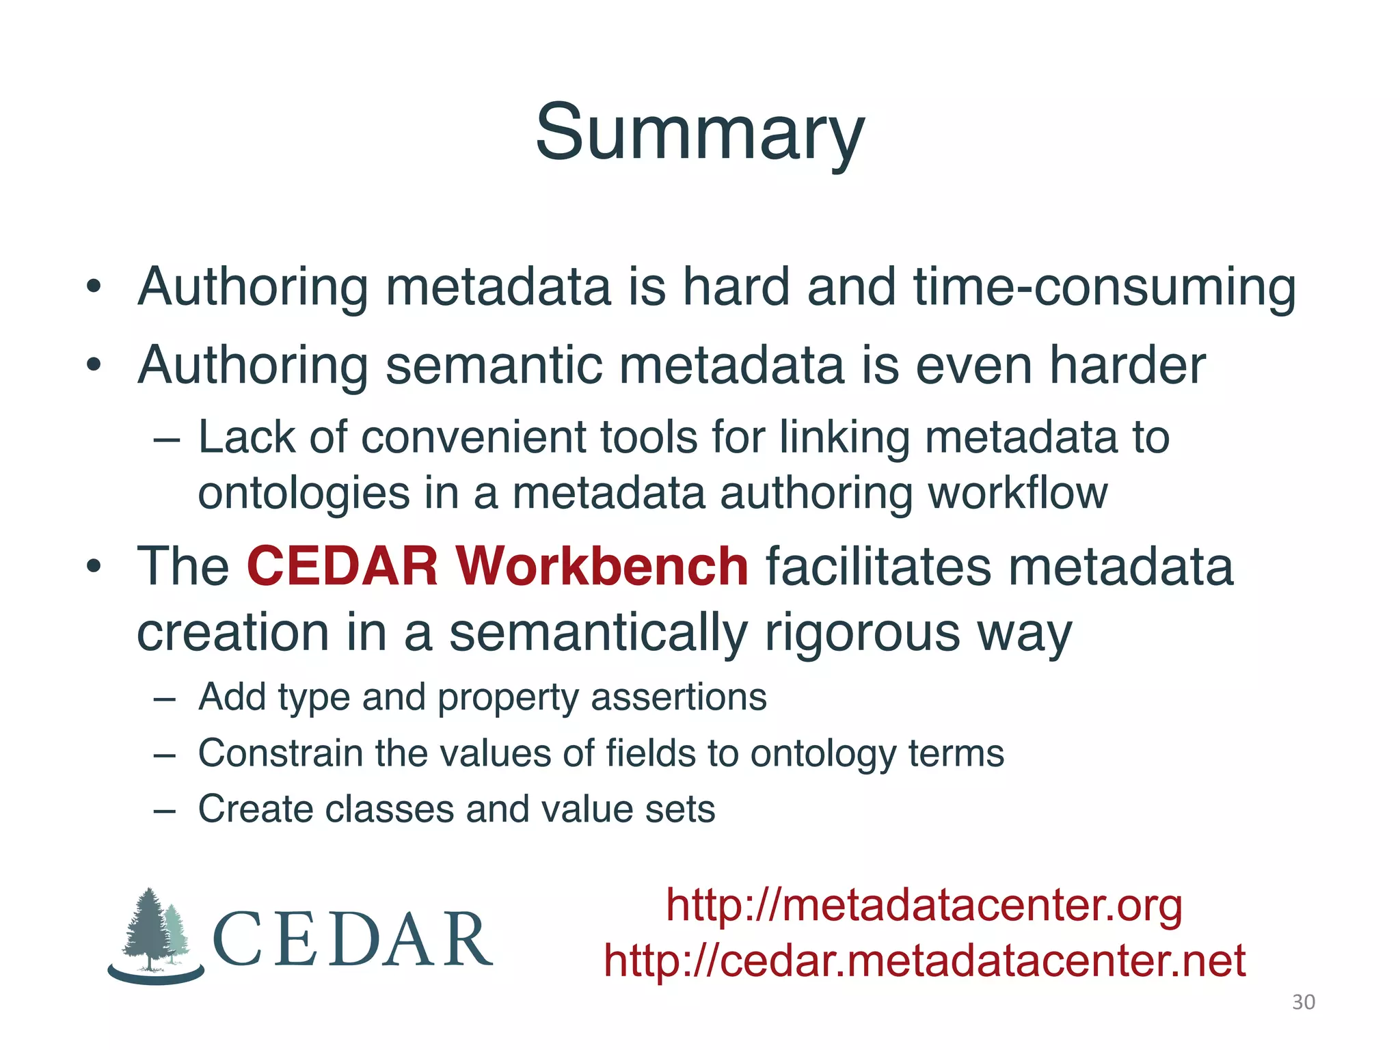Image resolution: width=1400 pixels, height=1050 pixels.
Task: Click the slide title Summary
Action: (699, 133)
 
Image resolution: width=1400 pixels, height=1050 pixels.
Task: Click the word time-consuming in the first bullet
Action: (1104, 287)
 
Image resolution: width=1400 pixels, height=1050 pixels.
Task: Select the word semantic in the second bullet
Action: (494, 366)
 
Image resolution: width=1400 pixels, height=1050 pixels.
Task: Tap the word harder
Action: (1127, 366)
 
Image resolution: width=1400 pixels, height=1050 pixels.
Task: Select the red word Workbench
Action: (602, 567)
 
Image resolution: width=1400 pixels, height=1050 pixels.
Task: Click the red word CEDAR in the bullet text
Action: (342, 567)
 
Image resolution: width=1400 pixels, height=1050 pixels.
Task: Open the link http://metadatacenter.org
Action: (924, 906)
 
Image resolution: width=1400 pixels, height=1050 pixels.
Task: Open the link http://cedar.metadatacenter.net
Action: (924, 961)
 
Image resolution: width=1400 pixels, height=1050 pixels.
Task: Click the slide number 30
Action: (1303, 1002)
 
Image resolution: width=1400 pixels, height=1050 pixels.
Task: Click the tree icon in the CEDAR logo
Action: (154, 933)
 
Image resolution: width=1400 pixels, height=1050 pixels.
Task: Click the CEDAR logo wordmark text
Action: (352, 940)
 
